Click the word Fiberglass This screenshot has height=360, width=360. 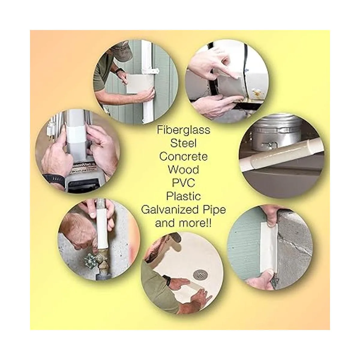(x=183, y=130)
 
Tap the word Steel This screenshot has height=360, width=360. (x=183, y=143)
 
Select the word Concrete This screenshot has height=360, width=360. (x=183, y=157)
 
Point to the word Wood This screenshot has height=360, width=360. (x=183, y=170)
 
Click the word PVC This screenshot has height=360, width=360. (x=183, y=183)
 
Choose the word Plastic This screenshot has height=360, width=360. (x=183, y=196)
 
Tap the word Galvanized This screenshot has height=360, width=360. (x=169, y=210)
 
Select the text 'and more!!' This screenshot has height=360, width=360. (x=183, y=223)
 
